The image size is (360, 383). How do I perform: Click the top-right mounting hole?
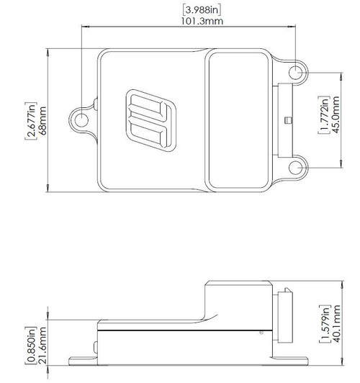point(298,72)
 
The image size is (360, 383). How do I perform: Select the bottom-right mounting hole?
point(298,167)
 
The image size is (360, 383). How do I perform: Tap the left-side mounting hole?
point(83,120)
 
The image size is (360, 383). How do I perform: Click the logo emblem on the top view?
point(148,121)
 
